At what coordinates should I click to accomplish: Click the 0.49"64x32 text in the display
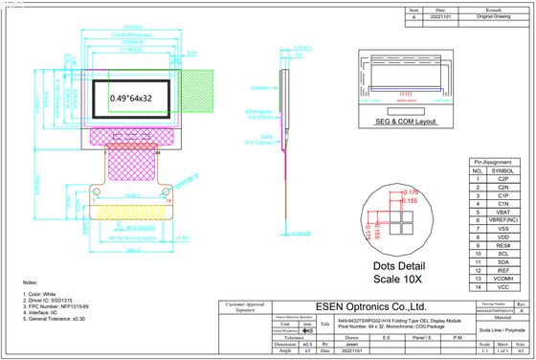[136, 98]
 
